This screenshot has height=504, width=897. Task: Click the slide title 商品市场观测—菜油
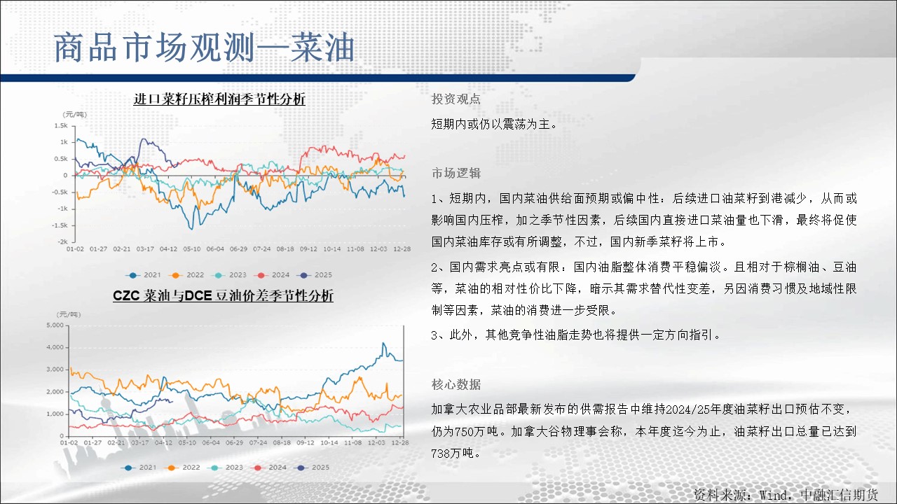(204, 48)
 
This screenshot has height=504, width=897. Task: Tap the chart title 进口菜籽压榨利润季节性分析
(219, 99)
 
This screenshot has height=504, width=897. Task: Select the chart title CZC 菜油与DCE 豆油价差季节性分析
(223, 295)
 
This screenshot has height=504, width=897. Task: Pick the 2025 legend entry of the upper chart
(315, 275)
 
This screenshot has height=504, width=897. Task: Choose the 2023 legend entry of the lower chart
(226, 467)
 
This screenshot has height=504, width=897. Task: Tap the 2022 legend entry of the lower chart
(183, 467)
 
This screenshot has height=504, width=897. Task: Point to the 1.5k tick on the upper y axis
(61, 125)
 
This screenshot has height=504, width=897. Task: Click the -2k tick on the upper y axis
(62, 241)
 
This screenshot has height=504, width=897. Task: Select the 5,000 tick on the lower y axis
(55, 325)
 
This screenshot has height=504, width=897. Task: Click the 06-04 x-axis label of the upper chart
(215, 248)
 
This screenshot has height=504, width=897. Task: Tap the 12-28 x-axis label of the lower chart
(400, 442)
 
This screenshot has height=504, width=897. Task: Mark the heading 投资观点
(456, 99)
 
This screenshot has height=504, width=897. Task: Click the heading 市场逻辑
(456, 173)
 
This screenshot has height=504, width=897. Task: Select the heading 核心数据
(456, 384)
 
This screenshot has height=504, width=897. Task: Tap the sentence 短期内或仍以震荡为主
(490, 124)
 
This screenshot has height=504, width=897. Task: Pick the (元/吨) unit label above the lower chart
(69, 314)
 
